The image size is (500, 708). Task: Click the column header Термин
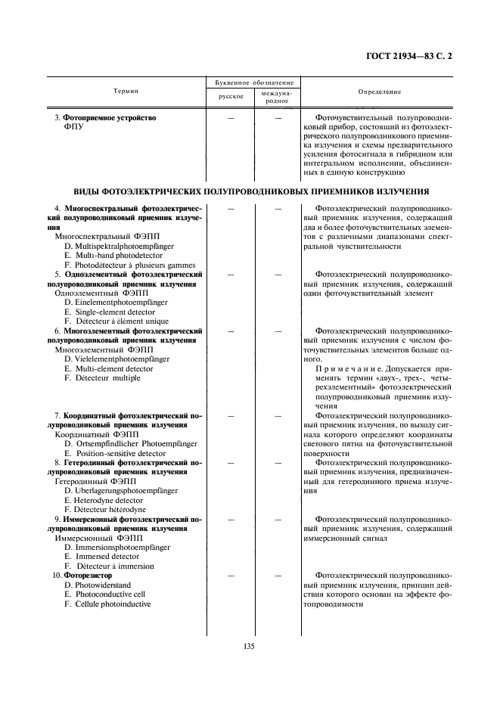coord(126,91)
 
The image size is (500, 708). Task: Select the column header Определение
coord(380,92)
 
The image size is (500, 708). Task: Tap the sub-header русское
coord(231,97)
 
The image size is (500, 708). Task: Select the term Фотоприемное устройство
coord(108,118)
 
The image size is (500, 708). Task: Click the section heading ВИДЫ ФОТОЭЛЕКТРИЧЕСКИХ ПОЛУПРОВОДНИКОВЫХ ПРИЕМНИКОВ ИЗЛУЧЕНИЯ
coord(251,191)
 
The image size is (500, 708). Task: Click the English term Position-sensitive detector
coord(117,453)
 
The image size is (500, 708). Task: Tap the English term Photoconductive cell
coord(107,595)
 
